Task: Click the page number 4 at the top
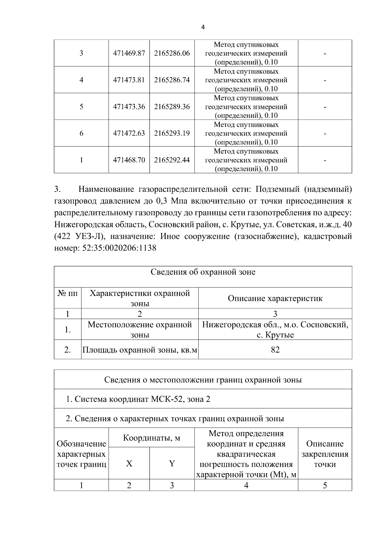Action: tap(203, 27)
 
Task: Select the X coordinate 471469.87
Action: tap(129, 53)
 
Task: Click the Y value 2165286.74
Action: tap(172, 80)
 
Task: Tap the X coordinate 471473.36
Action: tap(129, 107)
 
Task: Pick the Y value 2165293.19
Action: tap(172, 133)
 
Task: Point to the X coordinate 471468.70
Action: tap(129, 160)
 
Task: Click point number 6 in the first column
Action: tap(81, 133)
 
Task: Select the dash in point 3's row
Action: tap(325, 53)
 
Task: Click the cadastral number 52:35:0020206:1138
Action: tap(119, 248)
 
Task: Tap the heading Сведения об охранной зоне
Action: tap(203, 272)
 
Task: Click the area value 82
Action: tap(275, 350)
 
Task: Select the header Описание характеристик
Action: tap(275, 298)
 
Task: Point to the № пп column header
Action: tap(68, 293)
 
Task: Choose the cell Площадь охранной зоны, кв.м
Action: tap(140, 350)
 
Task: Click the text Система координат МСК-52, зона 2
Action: tap(142, 399)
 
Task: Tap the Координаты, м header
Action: tap(151, 438)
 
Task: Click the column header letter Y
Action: tap(172, 464)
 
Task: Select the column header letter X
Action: tap(129, 464)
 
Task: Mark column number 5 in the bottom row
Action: tap(325, 485)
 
